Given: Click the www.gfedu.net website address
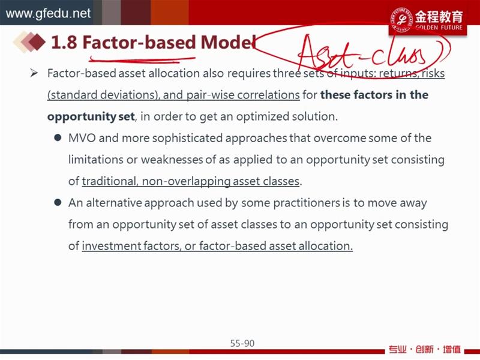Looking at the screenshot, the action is click(48, 13).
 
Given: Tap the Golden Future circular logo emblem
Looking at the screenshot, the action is click(401, 19).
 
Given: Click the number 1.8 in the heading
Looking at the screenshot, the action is click(64, 42).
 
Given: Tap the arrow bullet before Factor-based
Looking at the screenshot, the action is click(34, 73).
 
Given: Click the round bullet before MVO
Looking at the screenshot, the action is click(58, 138).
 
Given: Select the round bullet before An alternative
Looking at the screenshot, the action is click(58, 202).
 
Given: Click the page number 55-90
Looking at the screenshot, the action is click(242, 343).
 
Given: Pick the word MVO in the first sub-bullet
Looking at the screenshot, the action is click(82, 138).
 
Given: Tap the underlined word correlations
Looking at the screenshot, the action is click(268, 95).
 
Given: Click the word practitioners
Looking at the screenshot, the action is click(307, 203).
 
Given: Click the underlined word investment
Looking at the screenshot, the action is click(111, 246).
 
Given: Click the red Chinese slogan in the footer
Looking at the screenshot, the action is click(425, 349).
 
